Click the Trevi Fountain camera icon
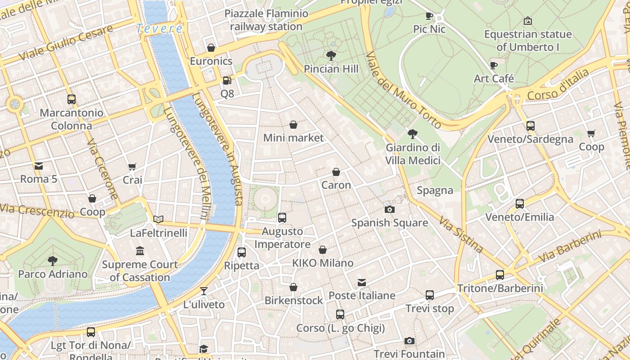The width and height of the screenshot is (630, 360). click(409, 341)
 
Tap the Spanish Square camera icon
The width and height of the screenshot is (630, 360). click(390, 209)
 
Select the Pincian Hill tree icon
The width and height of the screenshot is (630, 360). click(331, 56)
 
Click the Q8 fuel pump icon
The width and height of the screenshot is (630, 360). click(227, 81)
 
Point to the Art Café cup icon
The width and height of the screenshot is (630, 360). click(494, 65)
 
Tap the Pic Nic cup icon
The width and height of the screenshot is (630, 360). click(429, 16)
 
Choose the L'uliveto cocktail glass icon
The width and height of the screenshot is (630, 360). click(204, 291)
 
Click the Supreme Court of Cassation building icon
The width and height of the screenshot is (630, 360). click(140, 251)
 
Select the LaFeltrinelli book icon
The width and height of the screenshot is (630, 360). click(158, 220)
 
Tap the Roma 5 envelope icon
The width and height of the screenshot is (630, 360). click(39, 166)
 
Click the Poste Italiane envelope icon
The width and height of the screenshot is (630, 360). click(362, 283)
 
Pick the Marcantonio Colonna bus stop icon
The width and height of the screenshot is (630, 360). click(71, 99)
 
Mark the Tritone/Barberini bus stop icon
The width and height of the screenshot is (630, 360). click(500, 275)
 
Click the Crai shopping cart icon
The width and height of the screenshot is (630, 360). click(132, 167)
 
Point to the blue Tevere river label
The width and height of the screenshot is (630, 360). click(159, 29)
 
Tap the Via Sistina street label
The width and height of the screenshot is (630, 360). click(461, 234)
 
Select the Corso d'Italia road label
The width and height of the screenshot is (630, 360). click(558, 85)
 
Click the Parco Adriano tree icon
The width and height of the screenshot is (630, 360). click(53, 261)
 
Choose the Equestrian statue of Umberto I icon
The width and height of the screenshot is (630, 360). click(528, 21)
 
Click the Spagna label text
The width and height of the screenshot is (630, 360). click(435, 190)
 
